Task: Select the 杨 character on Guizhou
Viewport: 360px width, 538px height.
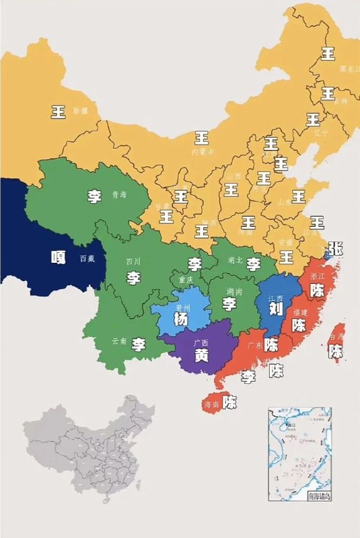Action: [180, 319]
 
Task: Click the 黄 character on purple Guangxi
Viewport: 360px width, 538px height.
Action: [201, 357]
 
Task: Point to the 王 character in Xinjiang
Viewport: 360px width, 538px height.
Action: [59, 112]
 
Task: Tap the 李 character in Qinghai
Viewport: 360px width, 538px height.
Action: [95, 196]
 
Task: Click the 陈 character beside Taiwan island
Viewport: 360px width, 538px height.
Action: [336, 350]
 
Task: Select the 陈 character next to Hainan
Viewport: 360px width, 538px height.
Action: [230, 403]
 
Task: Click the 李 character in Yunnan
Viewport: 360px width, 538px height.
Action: [139, 345]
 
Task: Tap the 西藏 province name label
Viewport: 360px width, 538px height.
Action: [87, 258]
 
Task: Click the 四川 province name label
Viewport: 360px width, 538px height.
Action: [133, 261]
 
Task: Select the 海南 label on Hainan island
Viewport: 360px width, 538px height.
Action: [212, 404]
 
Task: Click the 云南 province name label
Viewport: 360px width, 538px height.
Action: [119, 341]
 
